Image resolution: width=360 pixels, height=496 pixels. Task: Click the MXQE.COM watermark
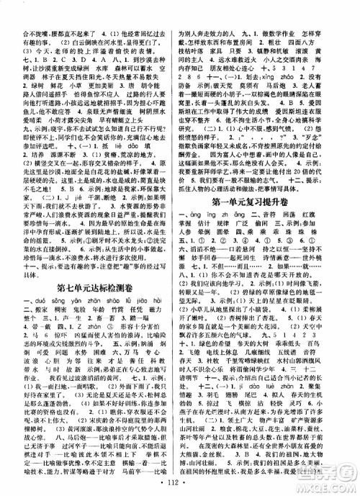[328, 480]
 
